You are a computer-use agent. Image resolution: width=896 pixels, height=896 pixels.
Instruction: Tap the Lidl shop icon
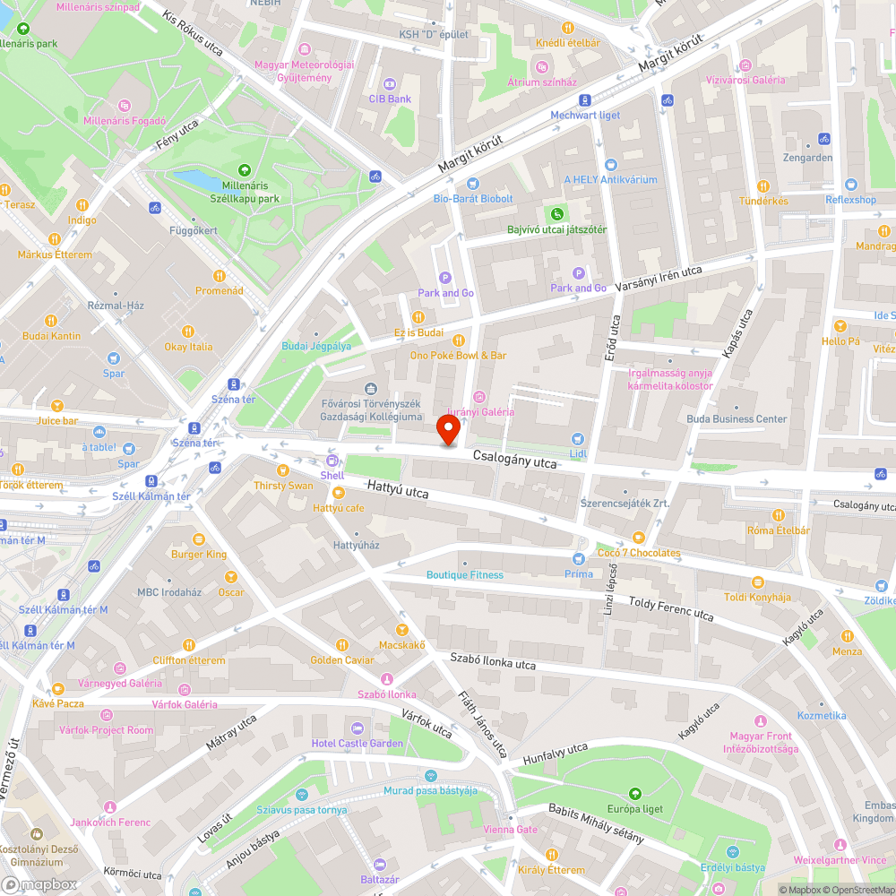tap(578, 438)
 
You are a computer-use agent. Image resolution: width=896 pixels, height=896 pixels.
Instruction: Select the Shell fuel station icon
tap(332, 461)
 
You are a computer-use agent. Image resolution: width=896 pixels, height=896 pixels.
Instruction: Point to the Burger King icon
tap(199, 539)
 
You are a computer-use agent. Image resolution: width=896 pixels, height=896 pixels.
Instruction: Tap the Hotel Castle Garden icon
tap(358, 728)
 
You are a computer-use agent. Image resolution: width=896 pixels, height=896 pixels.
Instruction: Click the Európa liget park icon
tap(634, 793)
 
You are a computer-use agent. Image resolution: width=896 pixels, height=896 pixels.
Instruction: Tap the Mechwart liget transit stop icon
tap(584, 100)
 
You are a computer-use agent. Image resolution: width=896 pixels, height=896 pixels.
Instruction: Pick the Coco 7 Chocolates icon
tap(638, 538)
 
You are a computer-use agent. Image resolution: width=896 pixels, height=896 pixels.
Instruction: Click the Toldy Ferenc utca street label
tap(671, 609)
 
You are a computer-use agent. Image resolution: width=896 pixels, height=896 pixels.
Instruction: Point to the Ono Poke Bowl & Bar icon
tap(458, 340)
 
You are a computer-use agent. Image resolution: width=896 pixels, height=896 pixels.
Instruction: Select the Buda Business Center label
tap(737, 418)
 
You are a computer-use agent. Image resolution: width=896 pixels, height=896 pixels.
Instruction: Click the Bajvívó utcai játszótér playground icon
tap(557, 214)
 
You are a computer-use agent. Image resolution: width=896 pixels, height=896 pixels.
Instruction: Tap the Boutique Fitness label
tap(464, 575)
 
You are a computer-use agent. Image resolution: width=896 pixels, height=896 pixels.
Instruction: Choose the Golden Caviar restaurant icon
tap(341, 644)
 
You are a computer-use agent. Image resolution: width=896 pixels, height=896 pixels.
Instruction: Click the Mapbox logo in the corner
tap(40, 884)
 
